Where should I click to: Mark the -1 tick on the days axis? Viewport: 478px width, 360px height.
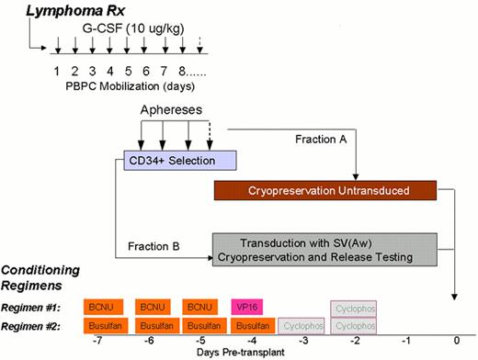pos(404,340)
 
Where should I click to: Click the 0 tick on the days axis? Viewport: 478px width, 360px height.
pos(454,340)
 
